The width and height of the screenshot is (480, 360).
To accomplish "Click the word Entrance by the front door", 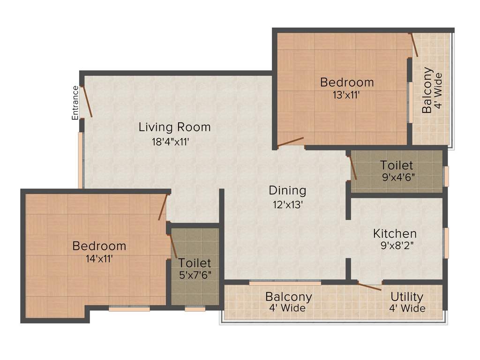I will click(x=75, y=103).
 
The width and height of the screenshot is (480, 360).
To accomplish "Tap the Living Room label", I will click(x=174, y=127).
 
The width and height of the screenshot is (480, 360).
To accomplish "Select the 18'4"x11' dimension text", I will click(x=170, y=142).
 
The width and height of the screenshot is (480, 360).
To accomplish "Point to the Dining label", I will click(x=287, y=190).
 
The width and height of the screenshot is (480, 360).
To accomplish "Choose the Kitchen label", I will click(x=395, y=233).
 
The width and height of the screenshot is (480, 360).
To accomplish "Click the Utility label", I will click(x=407, y=297).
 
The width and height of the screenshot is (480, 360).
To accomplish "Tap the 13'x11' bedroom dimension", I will click(x=346, y=95).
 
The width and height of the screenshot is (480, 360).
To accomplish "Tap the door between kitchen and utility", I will click(x=369, y=286).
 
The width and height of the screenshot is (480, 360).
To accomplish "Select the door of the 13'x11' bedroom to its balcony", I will click(x=413, y=45).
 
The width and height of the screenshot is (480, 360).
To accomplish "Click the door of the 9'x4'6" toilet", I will click(x=352, y=168).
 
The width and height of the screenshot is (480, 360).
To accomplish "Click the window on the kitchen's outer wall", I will click(x=446, y=243).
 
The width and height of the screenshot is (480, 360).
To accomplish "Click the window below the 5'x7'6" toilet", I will click(x=195, y=309).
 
